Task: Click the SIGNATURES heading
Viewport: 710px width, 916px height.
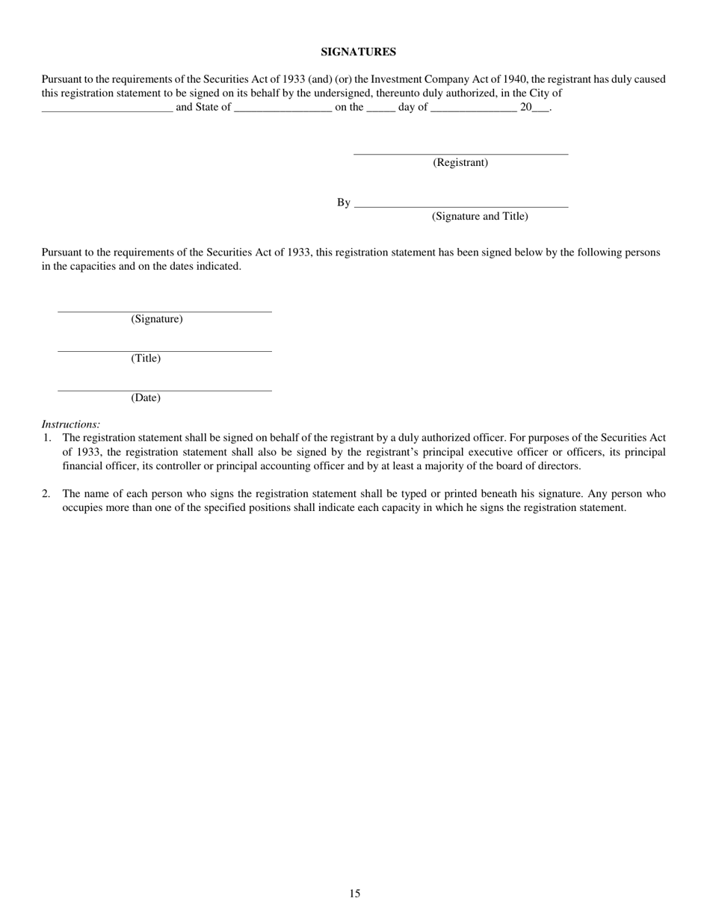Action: click(358, 52)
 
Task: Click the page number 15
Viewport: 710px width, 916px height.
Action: click(354, 893)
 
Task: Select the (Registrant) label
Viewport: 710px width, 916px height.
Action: click(460, 162)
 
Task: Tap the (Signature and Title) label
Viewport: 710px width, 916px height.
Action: click(480, 216)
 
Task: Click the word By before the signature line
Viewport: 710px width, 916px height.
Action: click(343, 202)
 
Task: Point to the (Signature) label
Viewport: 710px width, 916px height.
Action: click(157, 319)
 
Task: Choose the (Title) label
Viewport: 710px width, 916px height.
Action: click(146, 358)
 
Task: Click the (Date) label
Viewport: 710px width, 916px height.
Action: click(146, 397)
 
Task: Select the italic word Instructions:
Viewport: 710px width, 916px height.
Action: click(71, 424)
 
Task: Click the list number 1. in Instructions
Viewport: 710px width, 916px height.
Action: click(46, 438)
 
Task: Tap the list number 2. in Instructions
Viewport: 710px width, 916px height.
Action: click(46, 494)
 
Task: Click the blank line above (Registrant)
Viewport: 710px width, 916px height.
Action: click(460, 153)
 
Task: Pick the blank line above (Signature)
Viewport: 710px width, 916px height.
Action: click(164, 311)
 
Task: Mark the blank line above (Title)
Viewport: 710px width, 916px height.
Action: click(164, 350)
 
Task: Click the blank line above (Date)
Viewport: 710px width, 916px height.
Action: click(164, 390)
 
